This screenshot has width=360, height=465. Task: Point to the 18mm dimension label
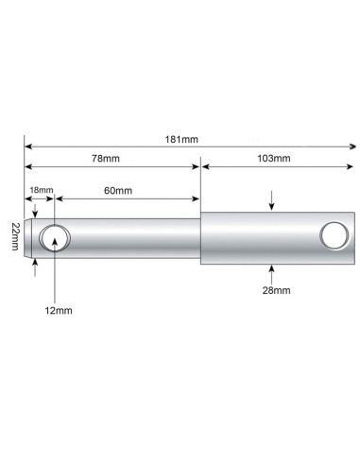point(41,191)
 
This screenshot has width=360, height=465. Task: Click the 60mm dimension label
point(119,191)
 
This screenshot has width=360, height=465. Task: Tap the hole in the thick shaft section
point(334,236)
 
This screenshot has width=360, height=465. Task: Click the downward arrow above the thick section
point(273,202)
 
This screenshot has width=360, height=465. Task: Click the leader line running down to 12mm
point(57,274)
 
